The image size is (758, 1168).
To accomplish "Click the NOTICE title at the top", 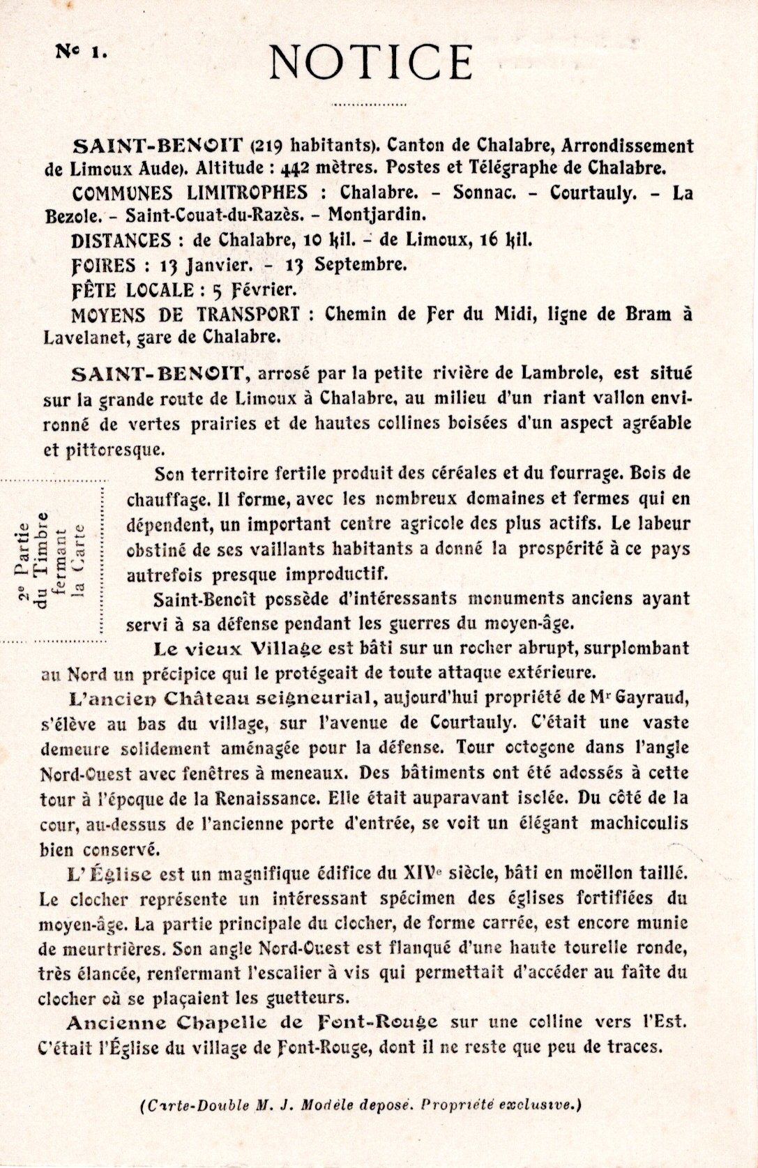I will [x=371, y=61].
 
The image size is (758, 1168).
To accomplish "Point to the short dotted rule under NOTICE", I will [x=369, y=104].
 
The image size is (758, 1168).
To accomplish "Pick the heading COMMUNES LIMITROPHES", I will [x=190, y=193].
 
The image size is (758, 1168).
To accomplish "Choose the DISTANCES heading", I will [x=121, y=241].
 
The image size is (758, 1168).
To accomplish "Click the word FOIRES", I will [x=103, y=265].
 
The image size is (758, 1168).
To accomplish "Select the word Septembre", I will [x=359, y=265].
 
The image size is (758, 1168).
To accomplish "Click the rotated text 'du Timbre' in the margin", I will [x=43, y=558].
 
